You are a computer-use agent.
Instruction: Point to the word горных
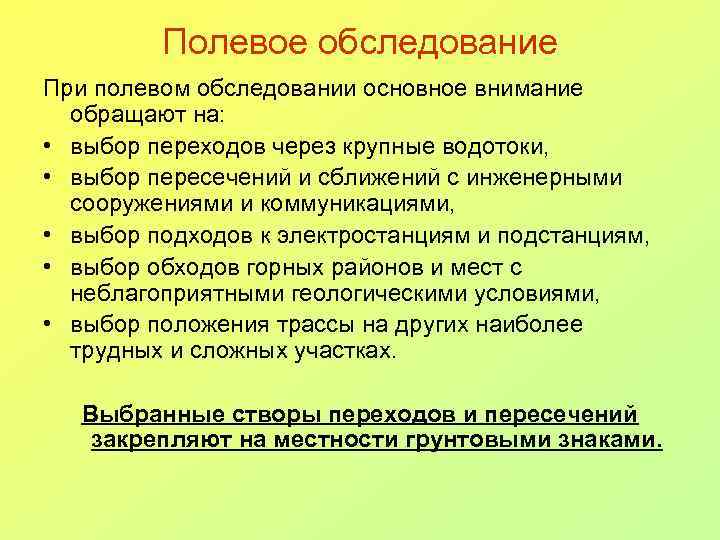point(296,267)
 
